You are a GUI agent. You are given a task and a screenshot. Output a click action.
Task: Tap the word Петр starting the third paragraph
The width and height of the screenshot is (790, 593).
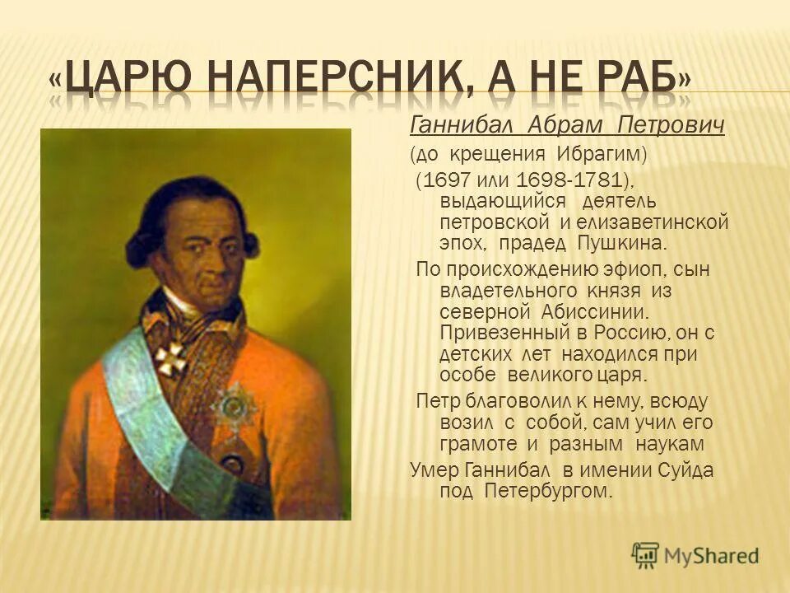[438, 401]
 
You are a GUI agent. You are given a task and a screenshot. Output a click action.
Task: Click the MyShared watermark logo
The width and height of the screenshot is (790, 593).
[695, 556]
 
